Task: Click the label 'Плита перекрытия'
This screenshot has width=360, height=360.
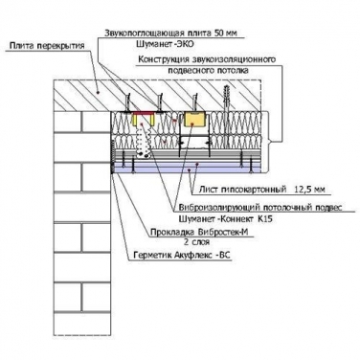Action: pyautogui.click(x=47, y=46)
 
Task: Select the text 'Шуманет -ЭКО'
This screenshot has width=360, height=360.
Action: pyautogui.click(x=165, y=44)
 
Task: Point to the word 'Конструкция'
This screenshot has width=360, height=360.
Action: pyautogui.click(x=163, y=59)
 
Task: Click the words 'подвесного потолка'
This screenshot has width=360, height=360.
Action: pyautogui.click(x=208, y=71)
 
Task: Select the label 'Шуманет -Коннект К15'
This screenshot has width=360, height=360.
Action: pyautogui.click(x=225, y=219)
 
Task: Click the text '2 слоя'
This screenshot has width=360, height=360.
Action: pyautogui.click(x=196, y=242)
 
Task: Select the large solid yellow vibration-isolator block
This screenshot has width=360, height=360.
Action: pyautogui.click(x=194, y=120)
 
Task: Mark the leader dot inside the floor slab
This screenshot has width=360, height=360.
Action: pyautogui.click(x=99, y=92)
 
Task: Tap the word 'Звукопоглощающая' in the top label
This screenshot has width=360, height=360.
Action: pyautogui.click(x=144, y=34)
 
